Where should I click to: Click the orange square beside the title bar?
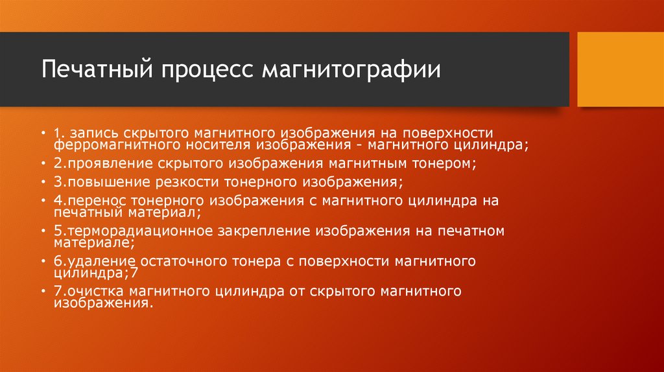pos(620,69)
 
